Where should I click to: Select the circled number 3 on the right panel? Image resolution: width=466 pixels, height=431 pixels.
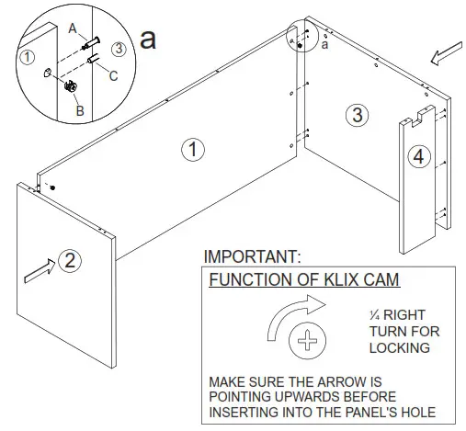[358, 115]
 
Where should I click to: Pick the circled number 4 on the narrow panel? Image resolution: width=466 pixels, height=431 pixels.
[418, 157]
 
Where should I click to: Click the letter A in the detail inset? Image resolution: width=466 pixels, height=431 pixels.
[73, 28]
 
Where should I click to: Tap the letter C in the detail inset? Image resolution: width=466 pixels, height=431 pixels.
[112, 77]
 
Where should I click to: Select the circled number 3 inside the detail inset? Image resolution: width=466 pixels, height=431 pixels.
[118, 47]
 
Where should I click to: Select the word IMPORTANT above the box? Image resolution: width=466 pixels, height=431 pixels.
[252, 256]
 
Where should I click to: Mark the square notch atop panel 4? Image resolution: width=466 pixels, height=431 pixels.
[418, 116]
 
